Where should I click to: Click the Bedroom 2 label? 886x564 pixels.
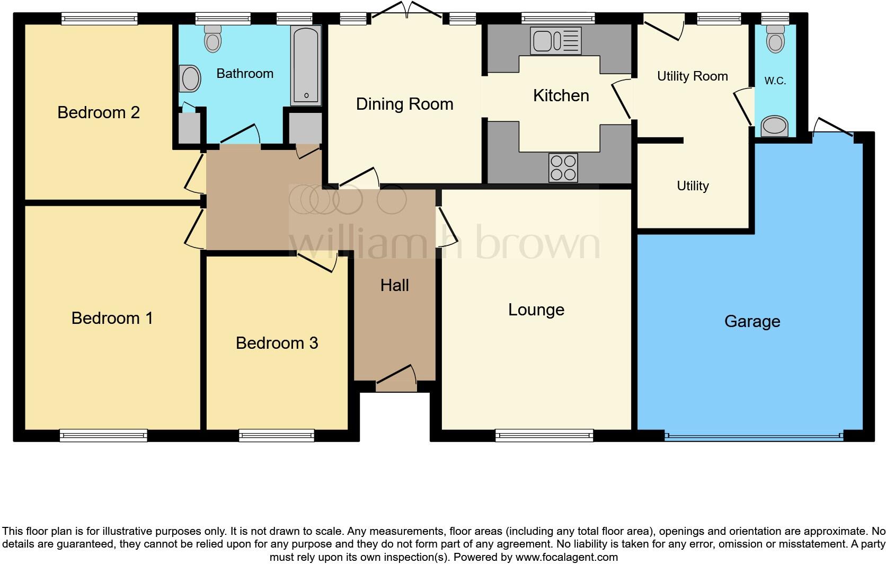[x=99, y=112]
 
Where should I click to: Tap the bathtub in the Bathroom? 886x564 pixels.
[x=306, y=65]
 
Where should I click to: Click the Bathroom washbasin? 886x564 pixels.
[x=190, y=78]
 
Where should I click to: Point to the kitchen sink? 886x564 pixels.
[x=556, y=41]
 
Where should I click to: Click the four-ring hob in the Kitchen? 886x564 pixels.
[x=563, y=168]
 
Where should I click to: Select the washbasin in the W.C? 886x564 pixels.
[x=774, y=127]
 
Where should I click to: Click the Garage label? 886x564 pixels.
[x=752, y=321]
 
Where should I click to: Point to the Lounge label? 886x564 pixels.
[x=536, y=310]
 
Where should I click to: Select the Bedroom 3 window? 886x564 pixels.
[x=277, y=436]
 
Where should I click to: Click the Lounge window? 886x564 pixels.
[x=544, y=436]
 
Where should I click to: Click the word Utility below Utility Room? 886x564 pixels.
[x=693, y=186]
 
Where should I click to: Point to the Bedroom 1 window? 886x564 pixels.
[x=103, y=436]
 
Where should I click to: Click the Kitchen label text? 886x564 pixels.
[x=561, y=95]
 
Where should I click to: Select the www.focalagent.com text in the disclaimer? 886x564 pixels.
[x=566, y=557]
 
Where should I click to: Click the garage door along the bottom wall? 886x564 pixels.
[x=754, y=436]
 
